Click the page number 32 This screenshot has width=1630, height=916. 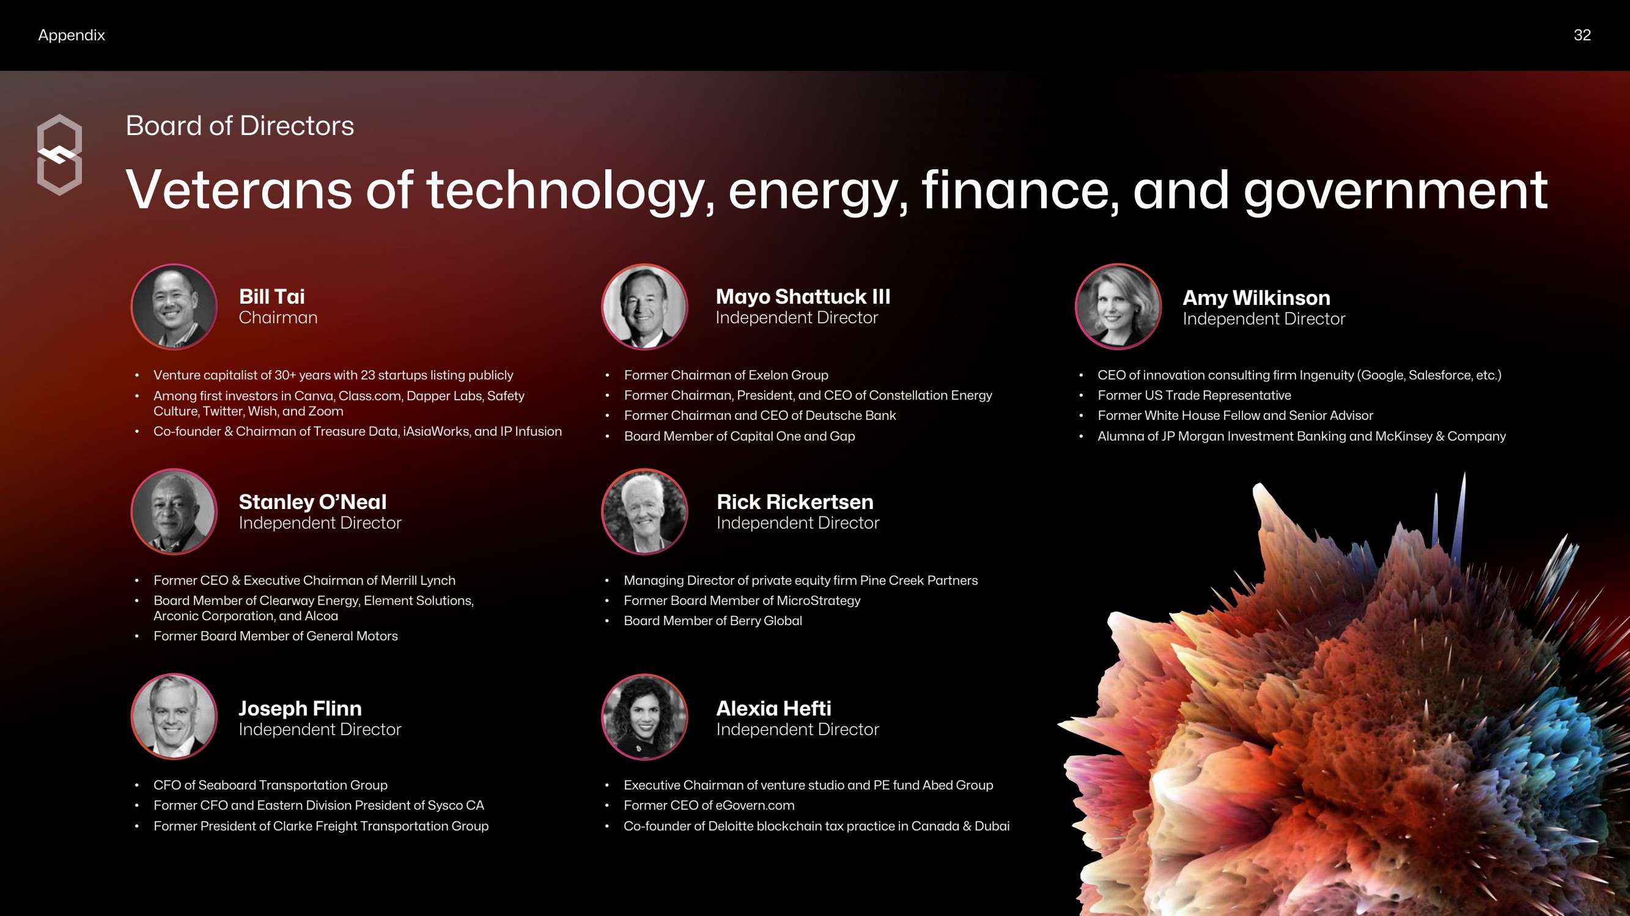(x=1582, y=35)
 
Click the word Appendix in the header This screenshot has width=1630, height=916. (x=72, y=35)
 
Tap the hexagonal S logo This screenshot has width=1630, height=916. (x=59, y=155)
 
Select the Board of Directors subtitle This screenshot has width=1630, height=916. (x=240, y=125)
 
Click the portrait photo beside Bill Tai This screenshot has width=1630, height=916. (x=174, y=307)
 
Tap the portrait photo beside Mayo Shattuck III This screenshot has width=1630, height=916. (x=645, y=307)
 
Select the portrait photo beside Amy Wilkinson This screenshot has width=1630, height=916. (x=1118, y=307)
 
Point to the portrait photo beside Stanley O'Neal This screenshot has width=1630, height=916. (x=174, y=511)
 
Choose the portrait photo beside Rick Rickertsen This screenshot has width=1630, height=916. (x=645, y=511)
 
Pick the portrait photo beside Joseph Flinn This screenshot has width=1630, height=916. (x=174, y=717)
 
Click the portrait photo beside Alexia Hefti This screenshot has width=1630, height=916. (x=645, y=717)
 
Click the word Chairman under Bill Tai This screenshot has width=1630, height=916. (x=278, y=318)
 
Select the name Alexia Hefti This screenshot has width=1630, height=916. (x=773, y=708)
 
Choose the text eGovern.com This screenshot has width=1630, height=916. (x=755, y=805)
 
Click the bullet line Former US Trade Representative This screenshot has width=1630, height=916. (x=1194, y=395)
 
